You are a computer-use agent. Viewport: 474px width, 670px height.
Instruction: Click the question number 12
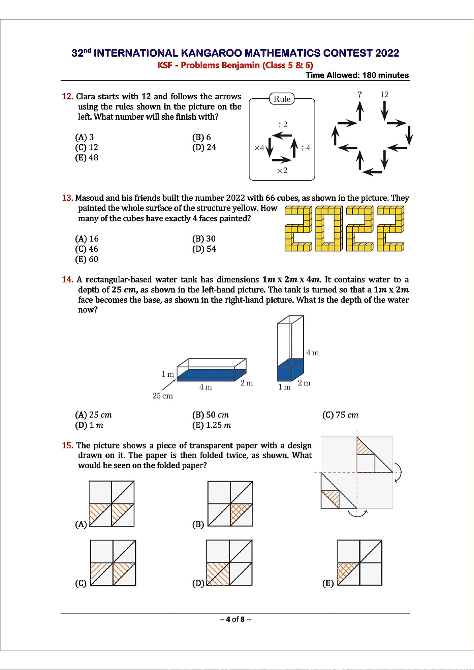click(x=67, y=96)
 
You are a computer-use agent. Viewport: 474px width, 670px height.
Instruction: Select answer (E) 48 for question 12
click(x=87, y=158)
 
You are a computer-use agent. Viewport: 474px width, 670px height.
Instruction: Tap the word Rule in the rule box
click(x=282, y=99)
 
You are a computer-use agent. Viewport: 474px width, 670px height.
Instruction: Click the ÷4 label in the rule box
click(x=305, y=148)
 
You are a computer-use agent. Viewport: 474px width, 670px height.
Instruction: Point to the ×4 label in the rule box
click(x=259, y=148)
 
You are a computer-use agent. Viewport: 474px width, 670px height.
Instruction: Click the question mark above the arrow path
click(x=360, y=95)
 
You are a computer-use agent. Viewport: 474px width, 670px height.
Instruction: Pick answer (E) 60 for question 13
click(x=87, y=259)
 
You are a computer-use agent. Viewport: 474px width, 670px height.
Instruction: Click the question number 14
click(x=67, y=280)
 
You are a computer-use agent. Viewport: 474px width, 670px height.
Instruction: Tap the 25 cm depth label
click(x=163, y=396)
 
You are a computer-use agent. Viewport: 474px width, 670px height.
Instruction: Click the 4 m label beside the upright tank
click(x=312, y=353)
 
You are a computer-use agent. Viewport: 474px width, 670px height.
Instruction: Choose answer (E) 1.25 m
click(x=212, y=425)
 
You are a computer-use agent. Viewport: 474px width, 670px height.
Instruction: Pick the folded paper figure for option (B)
click(x=230, y=504)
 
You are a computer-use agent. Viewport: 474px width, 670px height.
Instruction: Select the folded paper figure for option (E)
click(x=359, y=563)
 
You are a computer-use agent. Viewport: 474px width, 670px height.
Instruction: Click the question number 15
click(x=67, y=446)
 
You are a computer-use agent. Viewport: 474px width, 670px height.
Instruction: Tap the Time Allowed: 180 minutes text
click(x=357, y=75)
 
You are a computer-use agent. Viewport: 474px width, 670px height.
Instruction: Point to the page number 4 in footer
click(x=228, y=619)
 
